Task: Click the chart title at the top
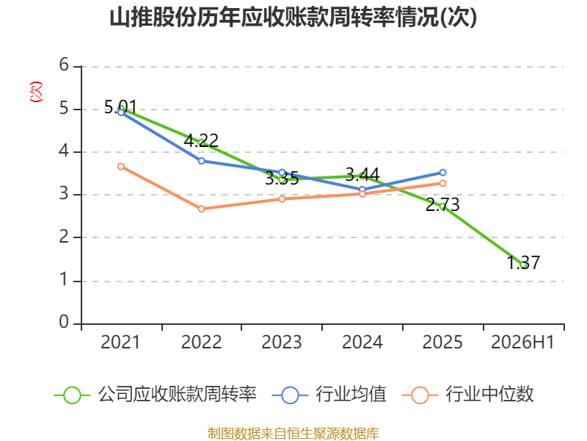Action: tap(293, 17)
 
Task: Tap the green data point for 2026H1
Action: tap(523, 265)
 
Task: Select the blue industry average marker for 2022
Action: tap(201, 161)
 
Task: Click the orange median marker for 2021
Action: tap(121, 167)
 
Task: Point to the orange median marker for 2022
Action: tap(201, 209)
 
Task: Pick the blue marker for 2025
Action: tap(442, 173)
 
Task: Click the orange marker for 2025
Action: tap(442, 183)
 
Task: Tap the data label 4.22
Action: tap(201, 140)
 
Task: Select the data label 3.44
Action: tap(362, 174)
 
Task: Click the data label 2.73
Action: tap(442, 205)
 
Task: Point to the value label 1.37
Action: tap(523, 262)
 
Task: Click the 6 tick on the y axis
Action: tap(64, 65)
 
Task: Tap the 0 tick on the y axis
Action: tap(64, 322)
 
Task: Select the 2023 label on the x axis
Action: tap(282, 342)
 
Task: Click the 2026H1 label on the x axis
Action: tap(522, 342)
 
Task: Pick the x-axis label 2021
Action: tap(120, 342)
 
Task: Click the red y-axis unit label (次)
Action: tap(36, 91)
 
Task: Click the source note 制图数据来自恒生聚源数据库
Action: tap(293, 434)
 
